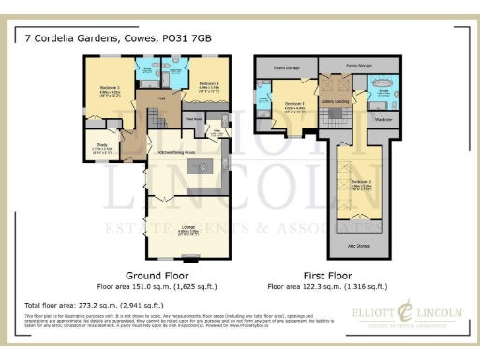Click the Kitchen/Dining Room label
177,151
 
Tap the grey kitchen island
201,167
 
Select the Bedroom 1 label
294,103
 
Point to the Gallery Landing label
335,100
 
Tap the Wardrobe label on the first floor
382,119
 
